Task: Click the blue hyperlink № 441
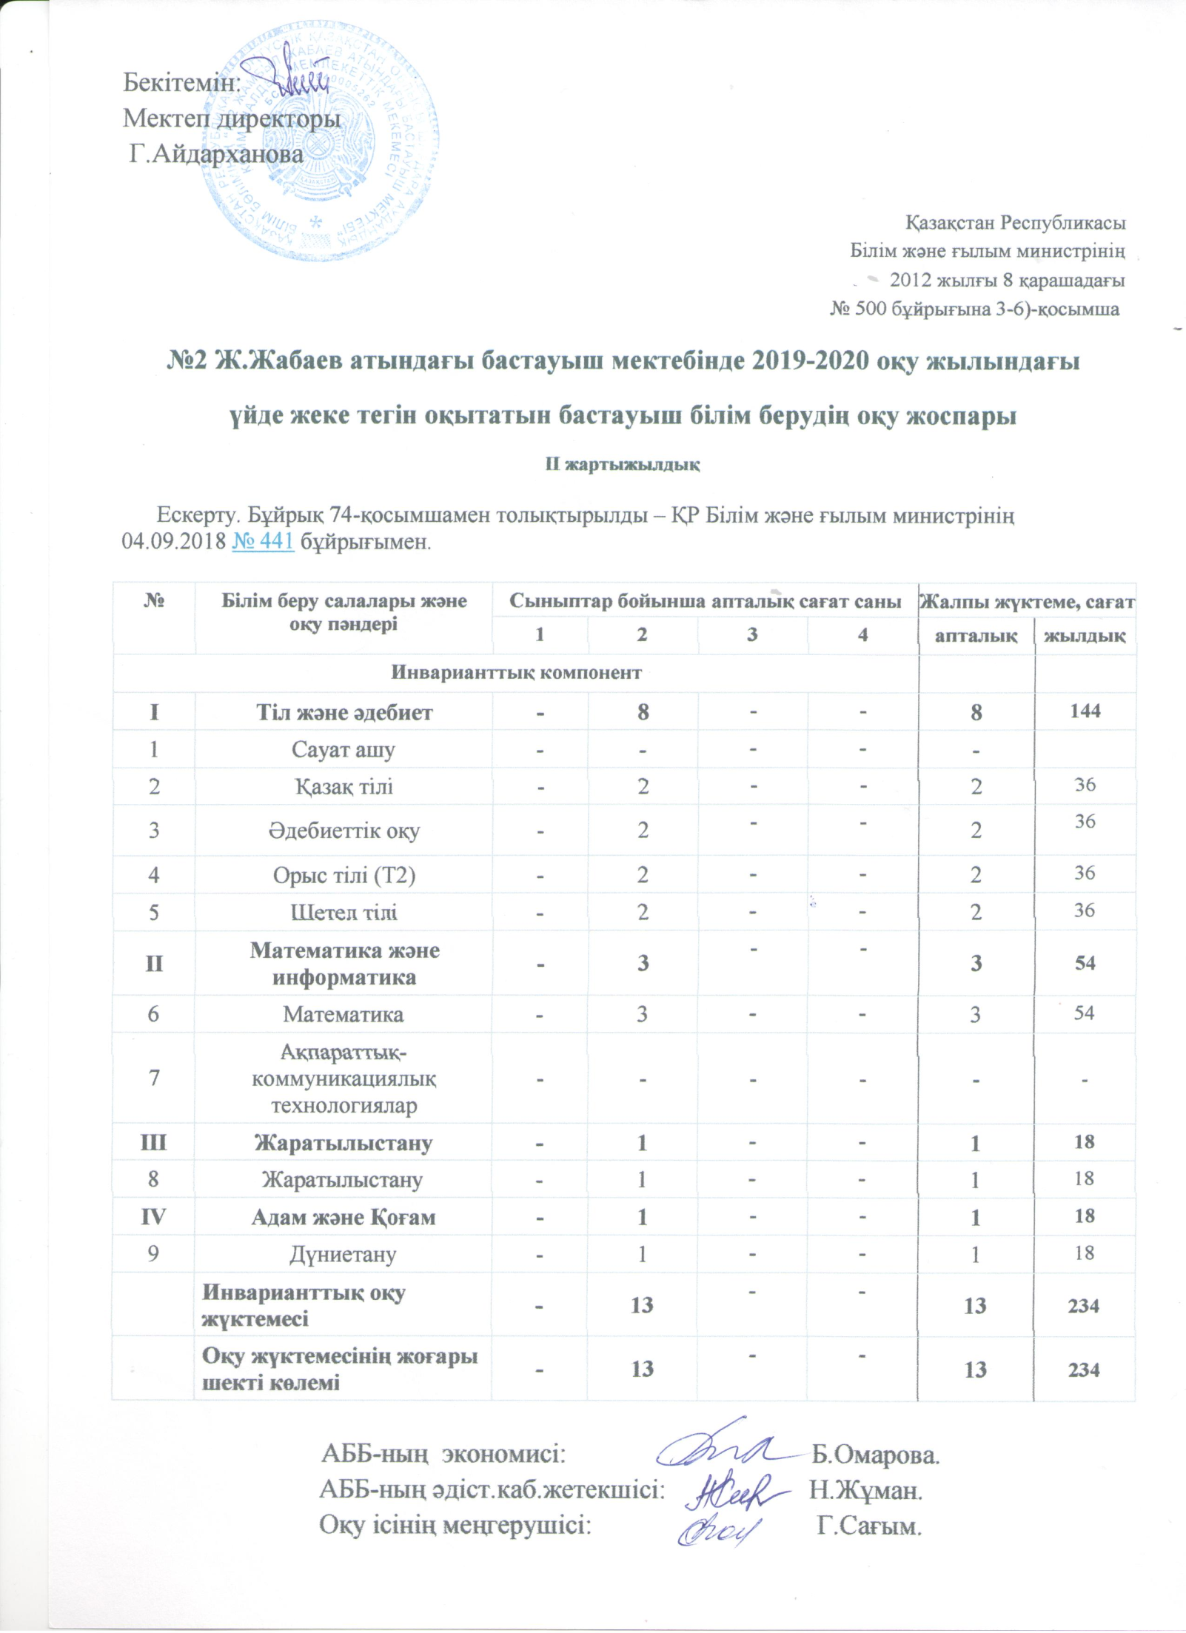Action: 263,542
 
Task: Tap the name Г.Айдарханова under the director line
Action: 216,154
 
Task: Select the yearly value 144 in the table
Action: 1085,711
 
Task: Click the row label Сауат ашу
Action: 344,749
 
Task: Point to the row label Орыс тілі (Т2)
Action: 344,875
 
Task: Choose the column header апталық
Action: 976,634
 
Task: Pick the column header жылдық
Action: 1085,634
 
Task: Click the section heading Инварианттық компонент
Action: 516,672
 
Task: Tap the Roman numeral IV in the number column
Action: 154,1217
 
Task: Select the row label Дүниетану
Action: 344,1254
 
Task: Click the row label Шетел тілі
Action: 344,912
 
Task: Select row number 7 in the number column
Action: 154,1077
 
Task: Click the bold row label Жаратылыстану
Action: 344,1142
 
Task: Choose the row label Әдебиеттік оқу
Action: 344,830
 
